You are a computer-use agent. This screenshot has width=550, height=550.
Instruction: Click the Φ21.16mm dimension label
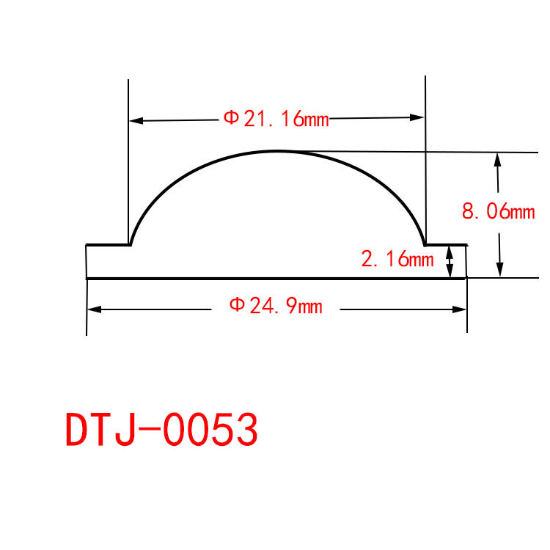[276, 118]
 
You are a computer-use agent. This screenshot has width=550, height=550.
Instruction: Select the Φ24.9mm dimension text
[276, 306]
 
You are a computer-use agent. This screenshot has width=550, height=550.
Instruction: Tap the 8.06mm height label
[499, 211]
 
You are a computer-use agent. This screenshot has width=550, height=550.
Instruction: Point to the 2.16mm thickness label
[397, 259]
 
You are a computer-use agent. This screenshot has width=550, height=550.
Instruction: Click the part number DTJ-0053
[162, 429]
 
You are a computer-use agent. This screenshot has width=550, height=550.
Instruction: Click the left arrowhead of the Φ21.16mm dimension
[136, 121]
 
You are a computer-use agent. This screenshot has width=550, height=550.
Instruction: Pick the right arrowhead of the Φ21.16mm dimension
[417, 117]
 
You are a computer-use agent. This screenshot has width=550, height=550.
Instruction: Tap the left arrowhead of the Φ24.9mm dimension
[95, 309]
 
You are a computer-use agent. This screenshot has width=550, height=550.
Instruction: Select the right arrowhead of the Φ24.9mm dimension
[459, 309]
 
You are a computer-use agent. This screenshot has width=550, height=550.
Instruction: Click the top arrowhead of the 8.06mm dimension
[497, 160]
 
